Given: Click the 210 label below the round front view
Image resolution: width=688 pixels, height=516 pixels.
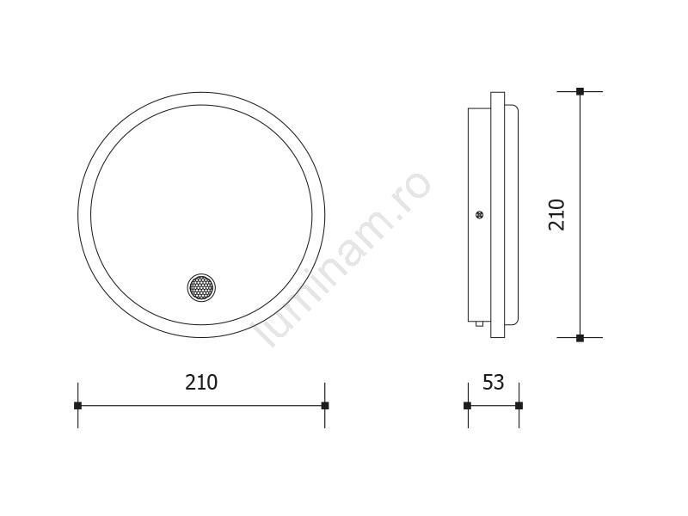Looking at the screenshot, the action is pyautogui.click(x=201, y=382).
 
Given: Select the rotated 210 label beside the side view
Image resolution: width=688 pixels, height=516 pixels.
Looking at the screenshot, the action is pyautogui.click(x=556, y=214).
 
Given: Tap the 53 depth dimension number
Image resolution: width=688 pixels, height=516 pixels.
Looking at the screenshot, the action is pyautogui.click(x=493, y=382).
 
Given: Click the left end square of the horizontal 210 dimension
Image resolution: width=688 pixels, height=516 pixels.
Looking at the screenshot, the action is pyautogui.click(x=78, y=405).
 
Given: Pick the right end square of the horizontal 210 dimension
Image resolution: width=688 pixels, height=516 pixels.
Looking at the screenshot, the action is pyautogui.click(x=325, y=405).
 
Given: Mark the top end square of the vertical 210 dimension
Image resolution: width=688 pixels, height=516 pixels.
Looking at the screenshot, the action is pyautogui.click(x=580, y=92).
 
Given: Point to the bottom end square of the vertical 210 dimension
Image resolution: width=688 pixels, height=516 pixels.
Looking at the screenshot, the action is pyautogui.click(x=580, y=338).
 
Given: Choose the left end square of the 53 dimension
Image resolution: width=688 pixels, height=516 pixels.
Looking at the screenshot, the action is pyautogui.click(x=468, y=405).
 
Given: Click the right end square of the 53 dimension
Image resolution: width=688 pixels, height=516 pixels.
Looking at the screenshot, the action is pyautogui.click(x=519, y=405).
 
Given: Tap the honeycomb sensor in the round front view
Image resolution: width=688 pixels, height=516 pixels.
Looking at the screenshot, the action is pyautogui.click(x=201, y=288).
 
